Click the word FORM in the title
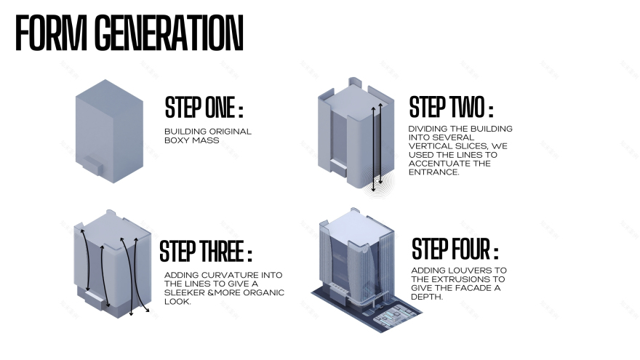[x=51, y=33]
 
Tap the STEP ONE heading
[x=204, y=108]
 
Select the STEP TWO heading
[x=451, y=106]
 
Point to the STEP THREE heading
[x=206, y=251]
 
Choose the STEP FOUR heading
[x=455, y=249]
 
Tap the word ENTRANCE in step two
[x=434, y=172]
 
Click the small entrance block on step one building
[x=92, y=165]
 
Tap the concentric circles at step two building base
[x=377, y=182]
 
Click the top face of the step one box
[x=109, y=92]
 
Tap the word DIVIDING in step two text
[x=427, y=129]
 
